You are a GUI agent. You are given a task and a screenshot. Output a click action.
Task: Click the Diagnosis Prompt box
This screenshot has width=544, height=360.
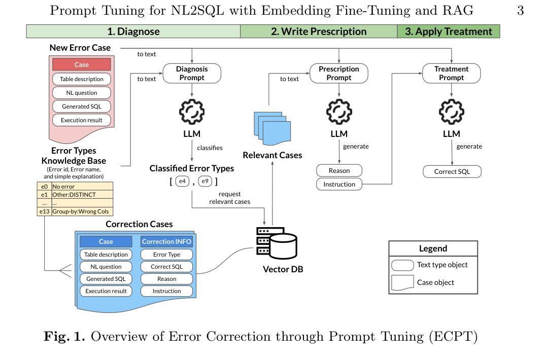pyautogui.click(x=192, y=73)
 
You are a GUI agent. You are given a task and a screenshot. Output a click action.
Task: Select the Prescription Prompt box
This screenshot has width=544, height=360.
pyautogui.click(x=339, y=73)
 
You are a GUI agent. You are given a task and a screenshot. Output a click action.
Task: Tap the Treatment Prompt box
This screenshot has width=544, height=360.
pyautogui.click(x=452, y=73)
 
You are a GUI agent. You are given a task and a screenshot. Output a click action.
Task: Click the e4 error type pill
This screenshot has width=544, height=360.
pyautogui.click(x=182, y=181)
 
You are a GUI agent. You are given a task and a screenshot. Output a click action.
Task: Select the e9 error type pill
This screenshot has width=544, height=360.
pyautogui.click(x=205, y=181)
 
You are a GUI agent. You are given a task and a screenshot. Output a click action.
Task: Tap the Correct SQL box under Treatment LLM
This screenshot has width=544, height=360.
pyautogui.click(x=452, y=171)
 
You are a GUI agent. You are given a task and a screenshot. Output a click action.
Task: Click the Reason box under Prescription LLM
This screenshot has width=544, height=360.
pyautogui.click(x=339, y=170)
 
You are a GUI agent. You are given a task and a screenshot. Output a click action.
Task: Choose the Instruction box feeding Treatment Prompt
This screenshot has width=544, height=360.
pyautogui.click(x=339, y=184)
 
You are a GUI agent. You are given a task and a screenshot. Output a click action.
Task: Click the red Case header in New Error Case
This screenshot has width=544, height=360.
pyautogui.click(x=81, y=64)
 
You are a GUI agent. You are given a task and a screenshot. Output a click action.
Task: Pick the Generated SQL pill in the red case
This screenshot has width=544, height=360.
pyautogui.click(x=81, y=106)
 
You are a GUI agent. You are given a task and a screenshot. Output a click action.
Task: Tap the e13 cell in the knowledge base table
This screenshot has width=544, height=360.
pyautogui.click(x=44, y=211)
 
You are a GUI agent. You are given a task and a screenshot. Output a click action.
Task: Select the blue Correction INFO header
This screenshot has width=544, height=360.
pyautogui.click(x=166, y=241)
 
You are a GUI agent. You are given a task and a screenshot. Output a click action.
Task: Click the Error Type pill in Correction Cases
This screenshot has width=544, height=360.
pyautogui.click(x=166, y=255)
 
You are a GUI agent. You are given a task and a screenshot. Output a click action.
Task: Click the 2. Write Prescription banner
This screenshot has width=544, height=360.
pyautogui.click(x=319, y=31)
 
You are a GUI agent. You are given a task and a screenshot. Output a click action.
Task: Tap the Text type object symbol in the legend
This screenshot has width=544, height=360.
pyautogui.click(x=402, y=265)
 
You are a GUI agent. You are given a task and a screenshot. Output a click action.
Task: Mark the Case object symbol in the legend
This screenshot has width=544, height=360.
pyautogui.click(x=402, y=283)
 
